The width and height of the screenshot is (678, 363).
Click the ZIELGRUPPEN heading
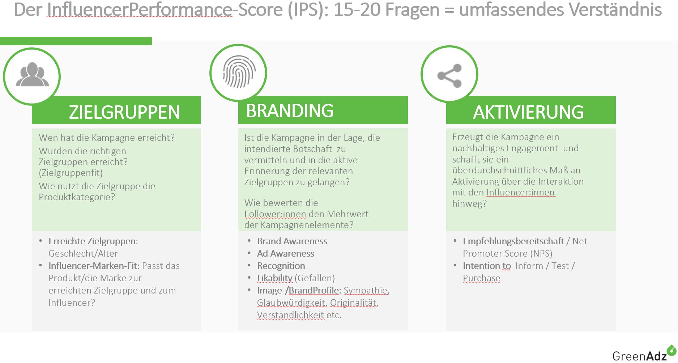coord(124,112)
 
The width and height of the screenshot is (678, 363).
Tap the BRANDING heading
coord(290,111)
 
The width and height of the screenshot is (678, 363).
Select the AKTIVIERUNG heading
coord(528,112)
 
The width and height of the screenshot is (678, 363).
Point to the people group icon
coord(32,75)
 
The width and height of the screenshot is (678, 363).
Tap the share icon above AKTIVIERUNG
coord(449,76)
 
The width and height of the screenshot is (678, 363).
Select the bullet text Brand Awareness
coord(292,241)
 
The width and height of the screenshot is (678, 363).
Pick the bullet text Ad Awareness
coord(286,254)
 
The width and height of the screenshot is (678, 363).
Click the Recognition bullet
coord(281,266)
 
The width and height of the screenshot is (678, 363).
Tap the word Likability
coord(275,278)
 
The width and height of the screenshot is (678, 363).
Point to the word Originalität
coord(353,303)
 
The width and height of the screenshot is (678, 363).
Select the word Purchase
coord(482,278)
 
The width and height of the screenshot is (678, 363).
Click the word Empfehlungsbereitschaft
coord(513,241)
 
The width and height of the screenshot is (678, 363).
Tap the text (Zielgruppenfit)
coord(71,173)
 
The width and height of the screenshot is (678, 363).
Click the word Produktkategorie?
coord(77,197)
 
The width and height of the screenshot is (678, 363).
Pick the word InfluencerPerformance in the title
coord(140,10)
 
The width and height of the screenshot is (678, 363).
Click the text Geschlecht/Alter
coord(83,254)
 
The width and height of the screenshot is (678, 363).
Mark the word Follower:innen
coord(275,214)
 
